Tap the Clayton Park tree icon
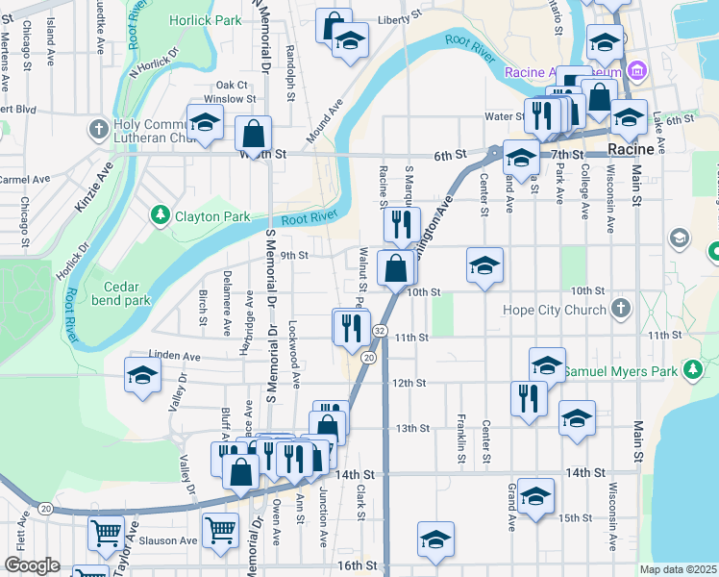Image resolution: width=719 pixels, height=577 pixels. pyautogui.click(x=161, y=216)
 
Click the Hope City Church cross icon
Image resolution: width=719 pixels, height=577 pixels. pyautogui.click(x=621, y=310)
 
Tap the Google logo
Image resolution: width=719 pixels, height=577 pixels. pyautogui.click(x=33, y=565)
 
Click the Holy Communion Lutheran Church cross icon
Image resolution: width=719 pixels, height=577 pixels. pyautogui.click(x=97, y=129)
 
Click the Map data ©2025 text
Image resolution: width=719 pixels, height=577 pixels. pyautogui.click(x=678, y=569)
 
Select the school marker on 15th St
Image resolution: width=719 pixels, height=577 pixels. pyautogui.click(x=535, y=494)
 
